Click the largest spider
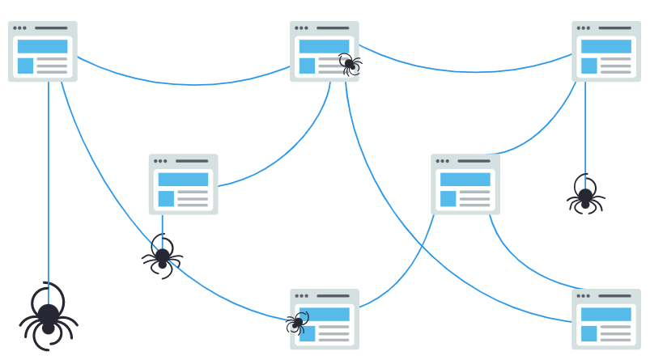click(49, 316)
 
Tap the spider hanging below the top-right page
click(585, 196)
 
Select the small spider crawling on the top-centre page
click(350, 64)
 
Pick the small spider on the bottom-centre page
click(297, 324)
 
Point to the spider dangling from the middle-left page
click(163, 257)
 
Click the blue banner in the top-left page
click(43, 46)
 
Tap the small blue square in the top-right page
click(588, 66)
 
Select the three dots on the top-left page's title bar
click(19, 28)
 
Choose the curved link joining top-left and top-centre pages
click(186, 83)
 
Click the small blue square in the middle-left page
click(166, 198)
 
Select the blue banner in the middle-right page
click(465, 179)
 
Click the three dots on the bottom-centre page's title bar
click(301, 296)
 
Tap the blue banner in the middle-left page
click(184, 179)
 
